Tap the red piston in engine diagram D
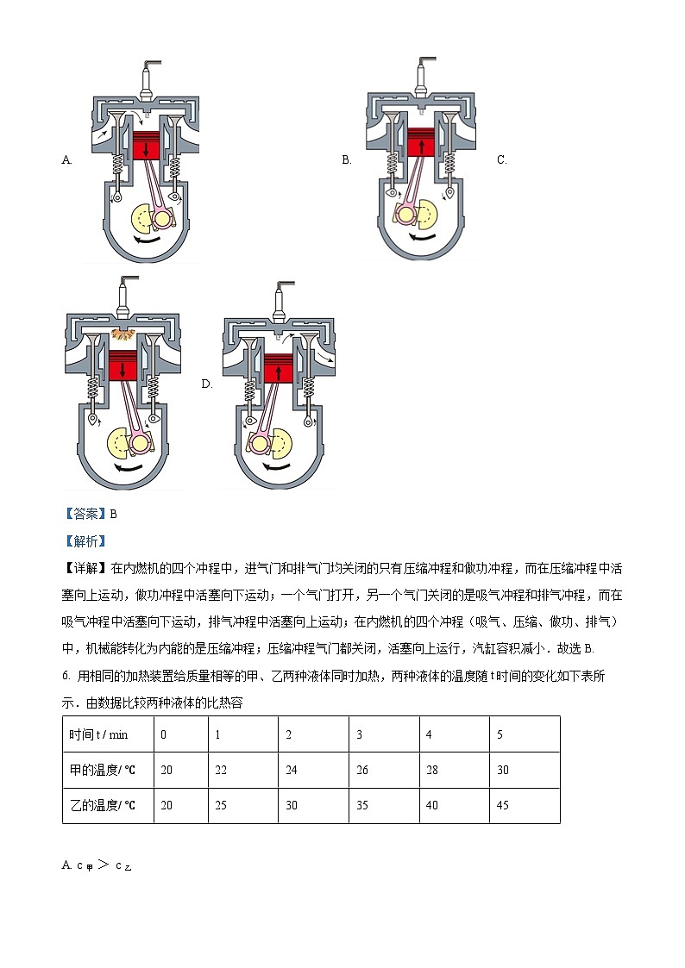coord(278,369)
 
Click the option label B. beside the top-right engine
coord(347,159)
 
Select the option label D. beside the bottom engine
coord(207,384)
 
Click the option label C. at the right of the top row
coord(502,159)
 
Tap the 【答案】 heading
coord(84,514)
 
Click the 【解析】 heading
coord(84,541)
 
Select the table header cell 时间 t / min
coord(98,734)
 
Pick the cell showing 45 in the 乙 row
coord(503,805)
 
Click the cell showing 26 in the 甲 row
coord(362,770)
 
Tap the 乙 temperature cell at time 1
coord(221,805)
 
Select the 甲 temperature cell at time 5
coord(503,770)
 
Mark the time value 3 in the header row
coord(359,734)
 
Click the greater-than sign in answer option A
coord(104,865)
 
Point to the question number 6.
coord(67,676)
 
